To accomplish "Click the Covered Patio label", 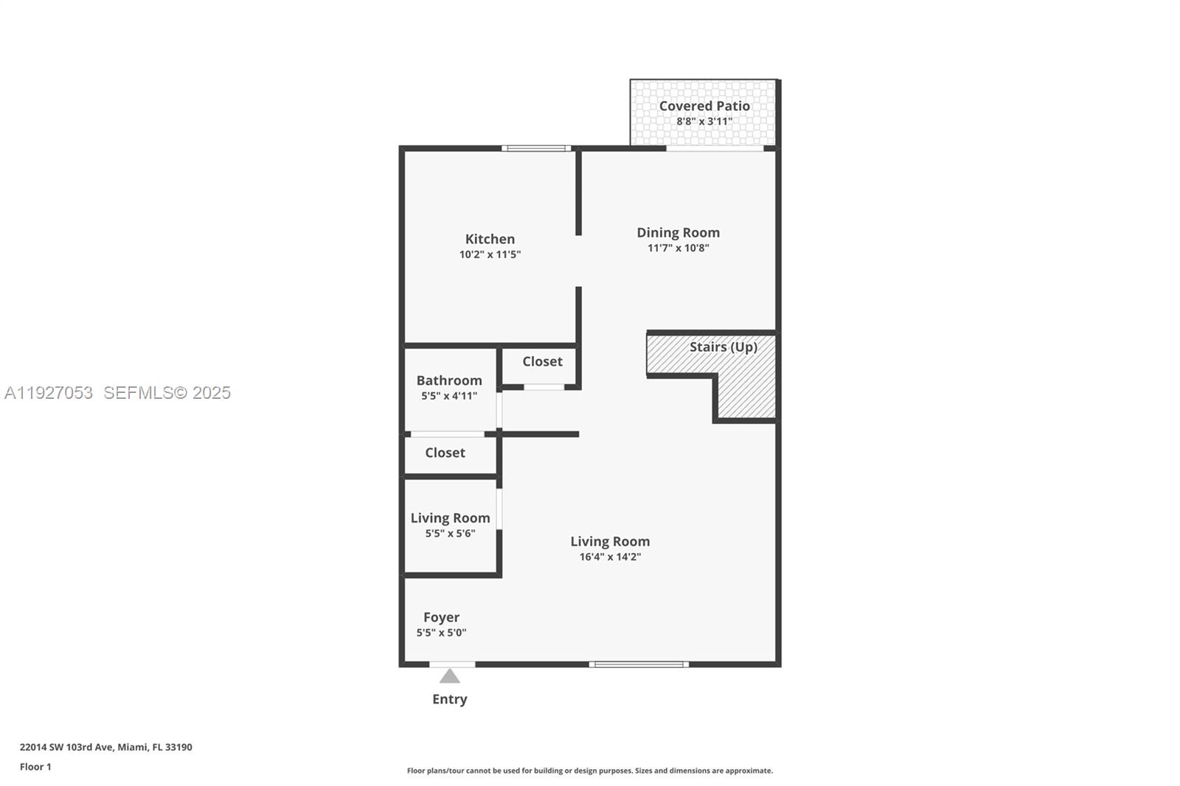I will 704,106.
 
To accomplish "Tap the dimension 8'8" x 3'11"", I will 704,122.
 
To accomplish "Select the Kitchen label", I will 490,239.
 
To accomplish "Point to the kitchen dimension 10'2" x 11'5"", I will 490,254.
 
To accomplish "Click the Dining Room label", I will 678,232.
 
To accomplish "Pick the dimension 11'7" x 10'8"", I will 678,248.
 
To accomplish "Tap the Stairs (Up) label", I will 723,347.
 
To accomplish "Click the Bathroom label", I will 448,380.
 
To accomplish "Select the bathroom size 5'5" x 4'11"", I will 448,396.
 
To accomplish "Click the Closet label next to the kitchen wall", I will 542,361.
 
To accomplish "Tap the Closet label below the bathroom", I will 445,453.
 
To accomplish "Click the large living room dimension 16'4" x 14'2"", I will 609,557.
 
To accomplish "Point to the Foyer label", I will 441,617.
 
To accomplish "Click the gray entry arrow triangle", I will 450,676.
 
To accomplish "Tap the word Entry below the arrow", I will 449,699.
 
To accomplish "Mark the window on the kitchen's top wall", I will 536,148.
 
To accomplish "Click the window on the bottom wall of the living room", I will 639,664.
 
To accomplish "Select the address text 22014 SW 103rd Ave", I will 66,747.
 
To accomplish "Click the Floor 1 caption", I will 35,767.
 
